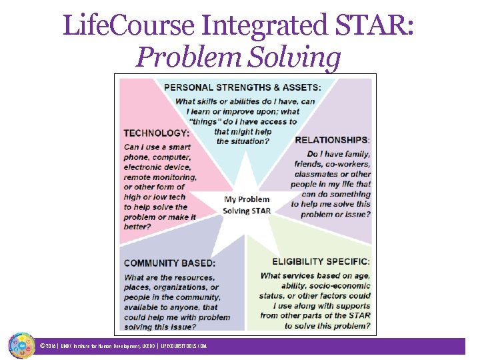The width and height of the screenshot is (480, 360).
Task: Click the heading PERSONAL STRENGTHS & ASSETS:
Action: point(242,87)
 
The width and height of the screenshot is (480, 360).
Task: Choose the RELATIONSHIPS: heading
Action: point(332,140)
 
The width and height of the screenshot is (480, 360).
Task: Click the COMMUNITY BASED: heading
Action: point(169,263)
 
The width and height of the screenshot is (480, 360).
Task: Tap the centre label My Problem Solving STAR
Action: point(247,205)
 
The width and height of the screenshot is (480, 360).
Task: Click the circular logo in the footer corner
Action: point(21,345)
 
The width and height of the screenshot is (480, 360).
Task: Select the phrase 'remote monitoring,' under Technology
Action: point(160,177)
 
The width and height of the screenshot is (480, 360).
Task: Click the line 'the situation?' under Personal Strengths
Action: point(243,141)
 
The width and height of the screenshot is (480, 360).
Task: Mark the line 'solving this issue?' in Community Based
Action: point(160,327)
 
